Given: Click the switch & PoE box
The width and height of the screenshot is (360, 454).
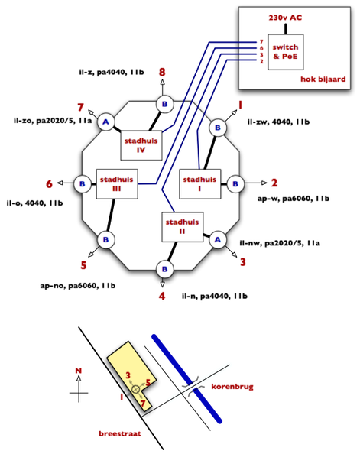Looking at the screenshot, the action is click(x=286, y=52).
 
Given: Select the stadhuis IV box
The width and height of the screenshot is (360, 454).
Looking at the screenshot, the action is click(x=141, y=145).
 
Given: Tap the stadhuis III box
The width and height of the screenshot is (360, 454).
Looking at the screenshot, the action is click(x=117, y=184).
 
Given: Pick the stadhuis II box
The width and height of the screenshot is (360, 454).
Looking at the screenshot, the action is click(x=182, y=227).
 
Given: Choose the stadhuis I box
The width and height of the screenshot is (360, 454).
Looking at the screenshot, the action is click(x=200, y=184).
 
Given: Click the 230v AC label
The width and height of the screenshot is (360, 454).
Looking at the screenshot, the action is click(x=285, y=18).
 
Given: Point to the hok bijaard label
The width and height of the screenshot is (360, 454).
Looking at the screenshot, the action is click(x=323, y=79).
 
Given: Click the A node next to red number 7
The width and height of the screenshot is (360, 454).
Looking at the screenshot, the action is click(x=105, y=122).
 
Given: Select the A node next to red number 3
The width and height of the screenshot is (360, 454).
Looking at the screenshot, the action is click(x=218, y=240).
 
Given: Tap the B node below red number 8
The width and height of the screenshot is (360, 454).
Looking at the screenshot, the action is click(x=164, y=104).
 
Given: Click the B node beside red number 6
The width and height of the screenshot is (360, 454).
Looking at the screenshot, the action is click(x=83, y=184).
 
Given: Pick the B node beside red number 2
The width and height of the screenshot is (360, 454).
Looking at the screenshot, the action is click(x=235, y=184).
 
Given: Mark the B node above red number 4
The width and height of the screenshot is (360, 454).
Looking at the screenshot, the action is click(x=164, y=269).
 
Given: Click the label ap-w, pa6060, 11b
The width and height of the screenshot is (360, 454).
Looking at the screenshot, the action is click(x=293, y=199).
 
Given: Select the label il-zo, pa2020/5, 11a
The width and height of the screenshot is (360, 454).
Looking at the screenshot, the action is click(x=53, y=121).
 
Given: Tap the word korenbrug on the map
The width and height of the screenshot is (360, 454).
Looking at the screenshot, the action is click(x=232, y=387).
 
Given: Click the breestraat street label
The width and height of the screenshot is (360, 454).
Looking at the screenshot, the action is click(x=120, y=433).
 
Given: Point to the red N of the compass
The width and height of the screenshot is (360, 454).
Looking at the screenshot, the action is click(x=79, y=371).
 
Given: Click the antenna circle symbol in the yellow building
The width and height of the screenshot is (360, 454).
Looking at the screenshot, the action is click(x=135, y=390).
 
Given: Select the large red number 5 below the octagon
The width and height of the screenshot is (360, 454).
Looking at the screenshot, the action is click(x=84, y=265).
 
